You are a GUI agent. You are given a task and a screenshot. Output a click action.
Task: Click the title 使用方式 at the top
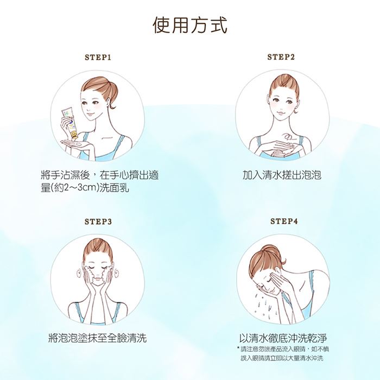190,25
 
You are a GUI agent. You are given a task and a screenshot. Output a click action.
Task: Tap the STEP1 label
98,58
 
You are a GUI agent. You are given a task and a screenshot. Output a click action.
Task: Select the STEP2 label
281,57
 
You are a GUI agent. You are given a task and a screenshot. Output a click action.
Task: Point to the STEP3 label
98,221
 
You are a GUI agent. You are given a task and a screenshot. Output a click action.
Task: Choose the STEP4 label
284,221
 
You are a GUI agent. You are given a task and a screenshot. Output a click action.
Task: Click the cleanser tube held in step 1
69,122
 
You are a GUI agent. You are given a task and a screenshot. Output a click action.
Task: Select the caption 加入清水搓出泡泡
282,174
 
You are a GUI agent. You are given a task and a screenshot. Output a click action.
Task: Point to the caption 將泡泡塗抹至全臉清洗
98,338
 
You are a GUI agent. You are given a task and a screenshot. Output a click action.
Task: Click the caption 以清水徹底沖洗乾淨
283,338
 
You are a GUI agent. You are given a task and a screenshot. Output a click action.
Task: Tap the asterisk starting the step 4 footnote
238,349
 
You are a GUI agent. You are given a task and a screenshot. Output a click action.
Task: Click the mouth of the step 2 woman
282,113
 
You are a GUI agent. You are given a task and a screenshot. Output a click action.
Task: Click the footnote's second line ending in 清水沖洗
282,358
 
